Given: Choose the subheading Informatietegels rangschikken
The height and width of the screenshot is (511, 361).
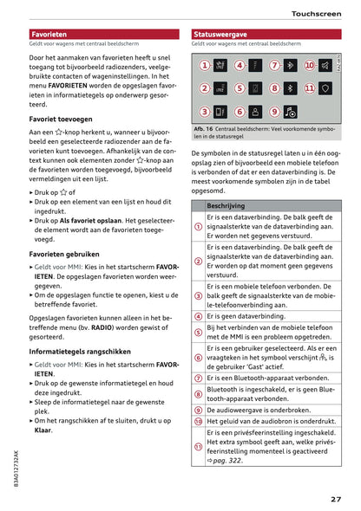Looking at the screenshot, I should (x=80, y=352).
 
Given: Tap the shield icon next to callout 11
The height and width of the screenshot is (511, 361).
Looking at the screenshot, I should (x=325, y=88).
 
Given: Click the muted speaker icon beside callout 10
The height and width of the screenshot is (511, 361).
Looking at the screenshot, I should (x=325, y=65).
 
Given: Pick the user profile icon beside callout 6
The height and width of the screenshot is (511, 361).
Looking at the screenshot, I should (x=256, y=112).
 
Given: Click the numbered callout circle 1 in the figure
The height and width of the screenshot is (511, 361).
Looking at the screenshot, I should (x=205, y=65).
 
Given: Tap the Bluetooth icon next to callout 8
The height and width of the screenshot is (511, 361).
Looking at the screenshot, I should (x=290, y=88).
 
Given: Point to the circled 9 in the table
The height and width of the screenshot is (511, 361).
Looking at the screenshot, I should (x=198, y=410).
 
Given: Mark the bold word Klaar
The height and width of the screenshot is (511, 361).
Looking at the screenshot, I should (x=43, y=429).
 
